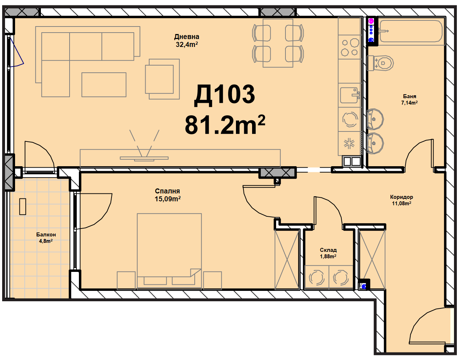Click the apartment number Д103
click(224, 95)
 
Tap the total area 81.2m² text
click(225, 125)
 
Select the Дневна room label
click(186, 37)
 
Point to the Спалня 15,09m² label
click(167, 195)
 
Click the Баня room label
click(410, 96)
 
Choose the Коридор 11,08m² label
click(401, 200)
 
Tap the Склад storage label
click(328, 250)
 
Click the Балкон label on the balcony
click(46, 235)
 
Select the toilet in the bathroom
click(380, 63)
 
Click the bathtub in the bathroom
click(411, 31)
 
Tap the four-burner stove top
click(350, 47)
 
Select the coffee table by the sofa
click(104, 85)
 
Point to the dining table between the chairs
click(278, 43)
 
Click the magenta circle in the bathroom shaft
click(371, 21)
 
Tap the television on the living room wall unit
click(144, 158)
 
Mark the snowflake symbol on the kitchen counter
click(349, 143)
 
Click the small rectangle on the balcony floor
click(23, 206)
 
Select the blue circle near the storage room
click(364, 287)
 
